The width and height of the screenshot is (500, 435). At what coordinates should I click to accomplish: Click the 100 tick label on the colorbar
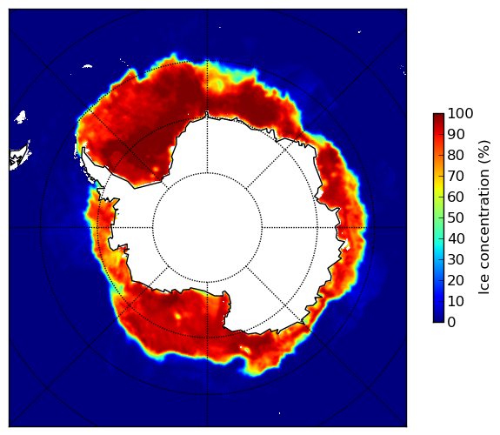[460, 113]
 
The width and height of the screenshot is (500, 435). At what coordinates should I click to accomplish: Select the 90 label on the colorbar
[456, 134]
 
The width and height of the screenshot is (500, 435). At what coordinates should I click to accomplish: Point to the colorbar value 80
[456, 155]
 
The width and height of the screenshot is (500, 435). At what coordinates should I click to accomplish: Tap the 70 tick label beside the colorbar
[456, 176]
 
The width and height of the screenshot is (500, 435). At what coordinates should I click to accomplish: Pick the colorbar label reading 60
[456, 197]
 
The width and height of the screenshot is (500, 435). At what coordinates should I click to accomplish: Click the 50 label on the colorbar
[456, 217]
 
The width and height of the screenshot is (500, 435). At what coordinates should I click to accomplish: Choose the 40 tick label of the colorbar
[456, 238]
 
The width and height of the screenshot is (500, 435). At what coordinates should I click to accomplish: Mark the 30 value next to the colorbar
[456, 259]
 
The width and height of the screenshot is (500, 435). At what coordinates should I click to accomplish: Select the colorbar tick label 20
[456, 280]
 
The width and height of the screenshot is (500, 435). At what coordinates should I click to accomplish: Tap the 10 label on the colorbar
[456, 301]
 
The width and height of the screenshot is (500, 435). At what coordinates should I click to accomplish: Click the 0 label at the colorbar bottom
[452, 323]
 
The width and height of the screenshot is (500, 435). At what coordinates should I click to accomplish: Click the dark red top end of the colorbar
[438, 115]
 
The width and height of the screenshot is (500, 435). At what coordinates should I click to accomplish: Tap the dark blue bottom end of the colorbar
[438, 320]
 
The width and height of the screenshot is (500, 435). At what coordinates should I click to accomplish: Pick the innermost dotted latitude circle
[207, 172]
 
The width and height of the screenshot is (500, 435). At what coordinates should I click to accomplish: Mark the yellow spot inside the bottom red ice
[177, 316]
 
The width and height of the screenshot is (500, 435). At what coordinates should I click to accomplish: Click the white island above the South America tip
[21, 117]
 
